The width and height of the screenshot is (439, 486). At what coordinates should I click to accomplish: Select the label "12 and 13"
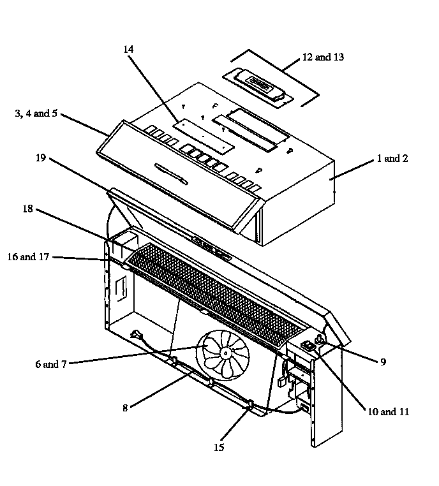323,57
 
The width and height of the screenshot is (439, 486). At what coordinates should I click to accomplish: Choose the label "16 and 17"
28,257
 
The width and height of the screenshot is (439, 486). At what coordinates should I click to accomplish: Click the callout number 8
126,408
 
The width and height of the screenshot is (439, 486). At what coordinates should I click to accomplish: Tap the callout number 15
219,447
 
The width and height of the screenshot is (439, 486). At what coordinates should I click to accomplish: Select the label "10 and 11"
388,412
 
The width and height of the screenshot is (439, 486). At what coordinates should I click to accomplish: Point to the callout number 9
383,362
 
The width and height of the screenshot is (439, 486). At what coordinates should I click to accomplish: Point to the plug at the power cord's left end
136,334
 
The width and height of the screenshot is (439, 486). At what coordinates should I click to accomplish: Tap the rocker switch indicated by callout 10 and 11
308,346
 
